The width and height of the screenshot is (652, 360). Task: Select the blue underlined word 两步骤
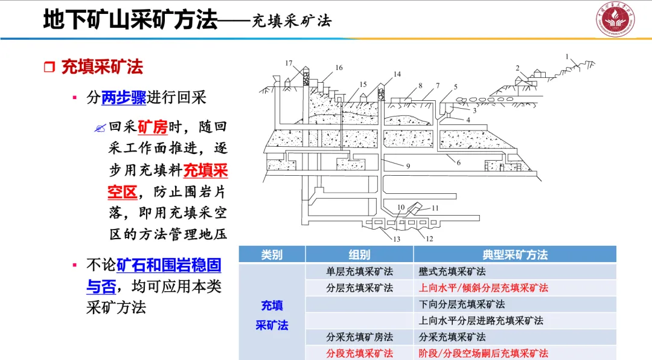pyautogui.click(x=124, y=98)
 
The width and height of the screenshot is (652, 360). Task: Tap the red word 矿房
pyautogui.click(x=152, y=127)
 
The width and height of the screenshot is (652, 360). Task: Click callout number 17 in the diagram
pyautogui.click(x=289, y=63)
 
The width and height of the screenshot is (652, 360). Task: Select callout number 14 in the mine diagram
pyautogui.click(x=397, y=74)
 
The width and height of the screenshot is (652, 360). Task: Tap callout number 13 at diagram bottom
pyautogui.click(x=396, y=239)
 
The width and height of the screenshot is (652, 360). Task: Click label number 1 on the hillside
pyautogui.click(x=567, y=56)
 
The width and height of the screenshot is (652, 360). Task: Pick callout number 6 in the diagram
pyautogui.click(x=458, y=162)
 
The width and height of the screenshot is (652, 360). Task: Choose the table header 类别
pyautogui.click(x=272, y=255)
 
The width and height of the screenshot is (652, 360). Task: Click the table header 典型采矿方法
pyautogui.click(x=514, y=255)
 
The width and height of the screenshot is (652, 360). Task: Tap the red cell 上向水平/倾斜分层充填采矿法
pyautogui.click(x=483, y=288)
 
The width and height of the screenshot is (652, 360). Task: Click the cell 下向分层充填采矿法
pyautogui.click(x=462, y=304)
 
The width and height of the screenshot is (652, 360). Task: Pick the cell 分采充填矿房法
pyautogui.click(x=359, y=337)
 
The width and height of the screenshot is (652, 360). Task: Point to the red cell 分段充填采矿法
pyautogui.click(x=359, y=353)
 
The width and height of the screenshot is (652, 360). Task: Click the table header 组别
pyautogui.click(x=359, y=255)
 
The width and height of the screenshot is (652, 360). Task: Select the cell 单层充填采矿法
pyautogui.click(x=359, y=272)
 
